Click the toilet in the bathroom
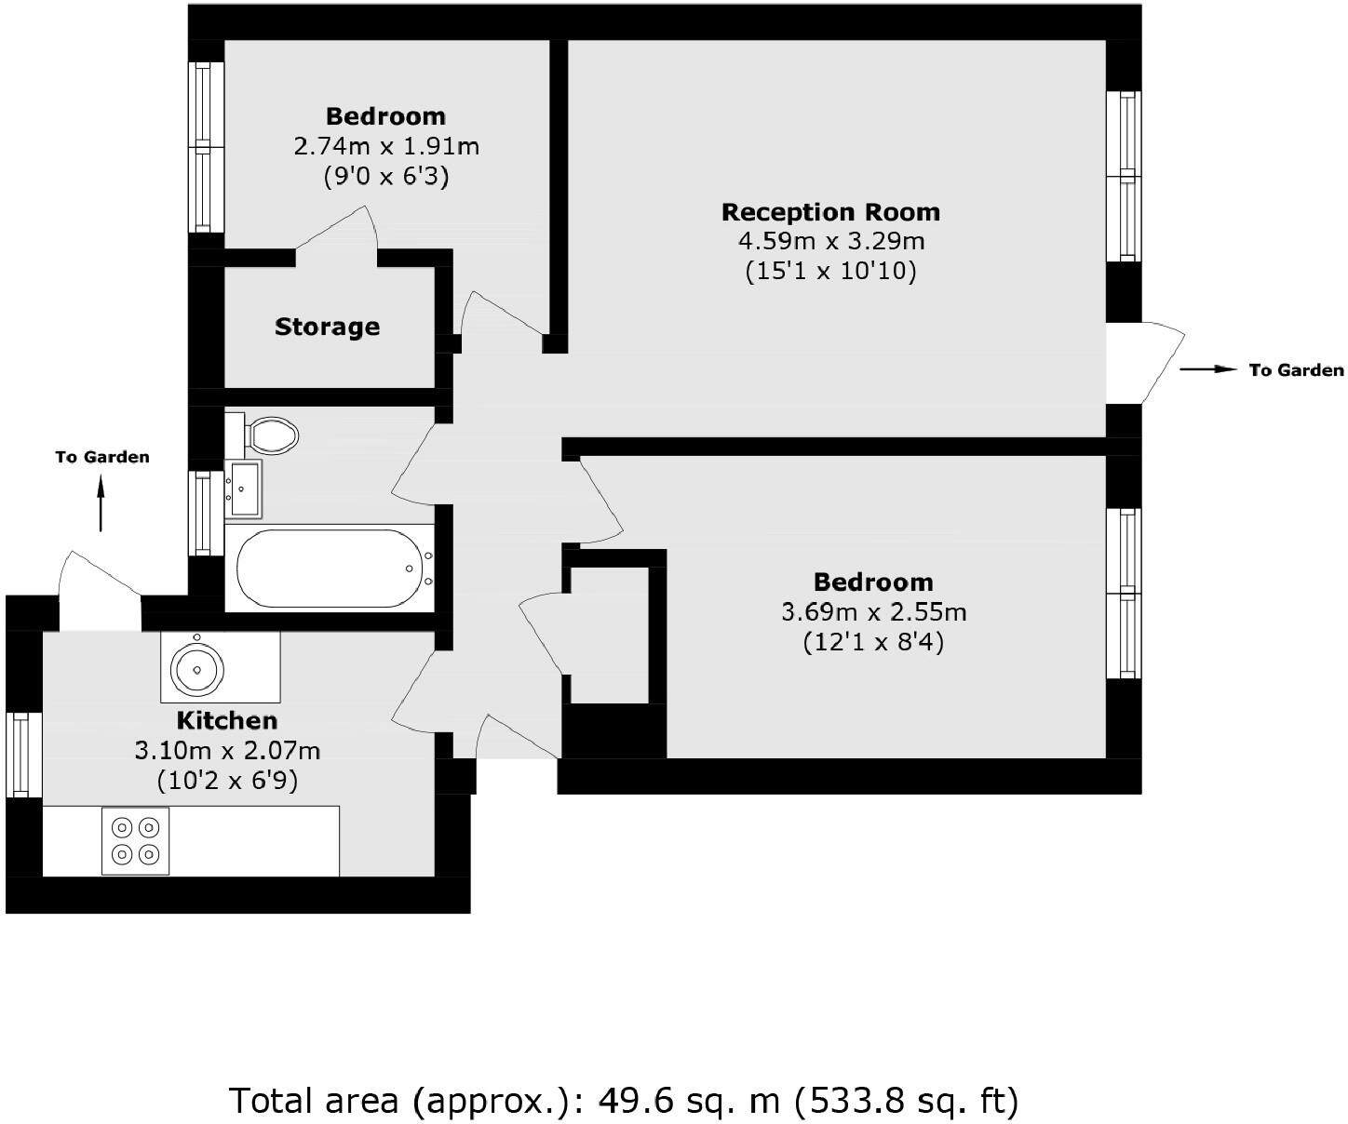[265, 434]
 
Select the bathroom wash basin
[244, 488]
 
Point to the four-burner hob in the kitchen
[136, 840]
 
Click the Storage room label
[327, 327]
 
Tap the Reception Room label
[830, 212]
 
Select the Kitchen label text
[227, 720]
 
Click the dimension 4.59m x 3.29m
[830, 242]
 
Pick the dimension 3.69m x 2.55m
[873, 612]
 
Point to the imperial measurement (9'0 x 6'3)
[386, 177]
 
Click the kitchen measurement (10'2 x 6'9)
[227, 780]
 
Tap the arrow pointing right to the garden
[1207, 370]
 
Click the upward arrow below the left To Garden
[101, 502]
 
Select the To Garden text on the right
[1296, 370]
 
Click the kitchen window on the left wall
[23, 754]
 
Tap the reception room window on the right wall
[1127, 176]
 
